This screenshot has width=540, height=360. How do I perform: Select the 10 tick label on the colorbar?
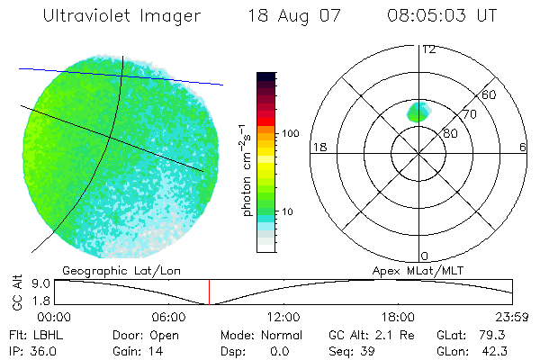click(x=289, y=212)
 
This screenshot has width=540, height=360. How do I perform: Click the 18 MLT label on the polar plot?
click(x=319, y=147)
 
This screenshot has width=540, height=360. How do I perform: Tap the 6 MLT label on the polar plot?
click(x=523, y=147)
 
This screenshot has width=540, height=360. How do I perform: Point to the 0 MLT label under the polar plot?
click(x=425, y=256)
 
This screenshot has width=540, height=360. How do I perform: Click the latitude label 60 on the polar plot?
click(x=490, y=94)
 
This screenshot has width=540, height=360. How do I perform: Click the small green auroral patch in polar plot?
click(x=418, y=112)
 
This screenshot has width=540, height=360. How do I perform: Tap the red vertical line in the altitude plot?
click(x=209, y=292)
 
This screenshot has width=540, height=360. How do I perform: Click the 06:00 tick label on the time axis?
click(x=168, y=317)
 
